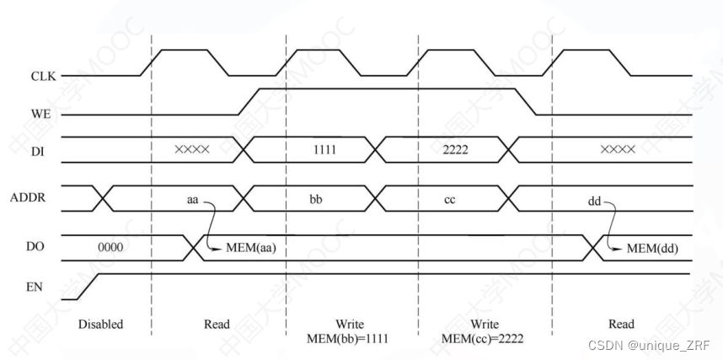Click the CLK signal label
[x=42, y=77]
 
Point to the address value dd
[x=595, y=202]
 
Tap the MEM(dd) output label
[x=653, y=249]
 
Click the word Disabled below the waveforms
[x=100, y=325]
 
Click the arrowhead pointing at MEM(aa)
[x=222, y=249]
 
